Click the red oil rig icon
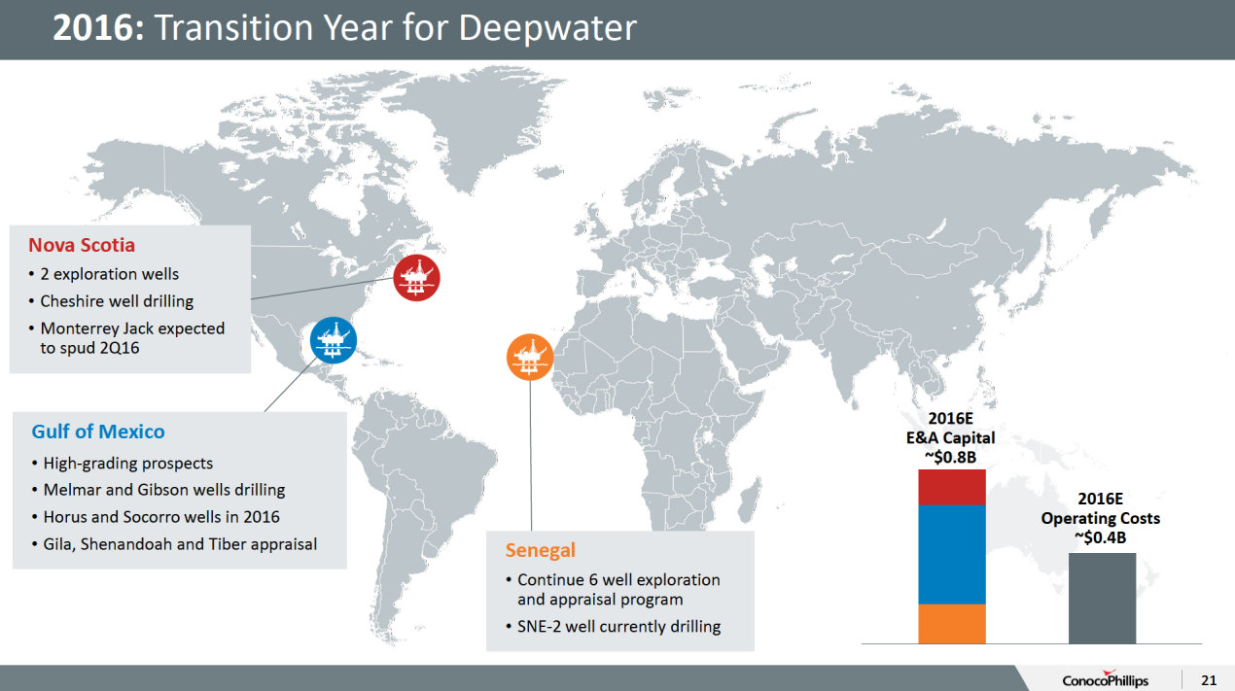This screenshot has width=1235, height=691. [417, 277]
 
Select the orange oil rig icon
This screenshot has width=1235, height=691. [530, 357]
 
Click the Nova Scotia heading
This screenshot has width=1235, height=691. [82, 245]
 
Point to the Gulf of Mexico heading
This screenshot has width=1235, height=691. [98, 432]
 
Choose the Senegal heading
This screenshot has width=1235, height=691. [540, 550]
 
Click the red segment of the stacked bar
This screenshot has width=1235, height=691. [951, 487]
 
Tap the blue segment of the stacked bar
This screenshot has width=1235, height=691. [951, 554]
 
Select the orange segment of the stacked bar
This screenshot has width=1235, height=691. [951, 623]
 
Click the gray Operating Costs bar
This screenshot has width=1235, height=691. [1102, 598]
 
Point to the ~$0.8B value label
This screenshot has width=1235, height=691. [950, 456]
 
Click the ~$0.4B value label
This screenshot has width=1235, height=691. [1101, 536]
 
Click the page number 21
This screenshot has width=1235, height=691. [1209, 678]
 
